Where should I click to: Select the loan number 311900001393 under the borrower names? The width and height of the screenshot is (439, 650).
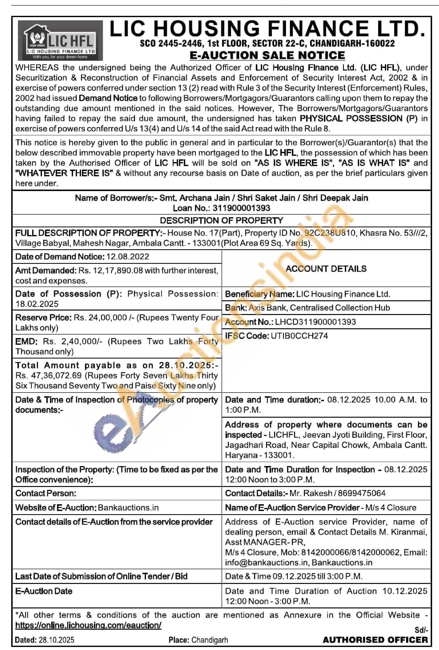[241, 208]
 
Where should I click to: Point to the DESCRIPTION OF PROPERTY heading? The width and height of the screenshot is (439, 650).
[221, 221]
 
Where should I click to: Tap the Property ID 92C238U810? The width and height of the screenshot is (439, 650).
[330, 233]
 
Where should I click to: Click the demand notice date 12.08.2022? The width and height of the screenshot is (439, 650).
[128, 257]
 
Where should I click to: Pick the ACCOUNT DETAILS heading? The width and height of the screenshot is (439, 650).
[326, 269]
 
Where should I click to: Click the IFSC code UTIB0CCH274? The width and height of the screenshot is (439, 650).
[299, 336]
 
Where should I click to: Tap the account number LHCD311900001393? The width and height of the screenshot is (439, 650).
[315, 322]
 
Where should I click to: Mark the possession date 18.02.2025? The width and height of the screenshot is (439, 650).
[37, 304]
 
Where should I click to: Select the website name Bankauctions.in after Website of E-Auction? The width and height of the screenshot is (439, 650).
[128, 508]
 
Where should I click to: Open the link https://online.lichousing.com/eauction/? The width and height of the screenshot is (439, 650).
[88, 625]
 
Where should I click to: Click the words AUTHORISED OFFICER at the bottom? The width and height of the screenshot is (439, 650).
[375, 640]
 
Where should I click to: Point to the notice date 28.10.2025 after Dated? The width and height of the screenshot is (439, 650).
[57, 640]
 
